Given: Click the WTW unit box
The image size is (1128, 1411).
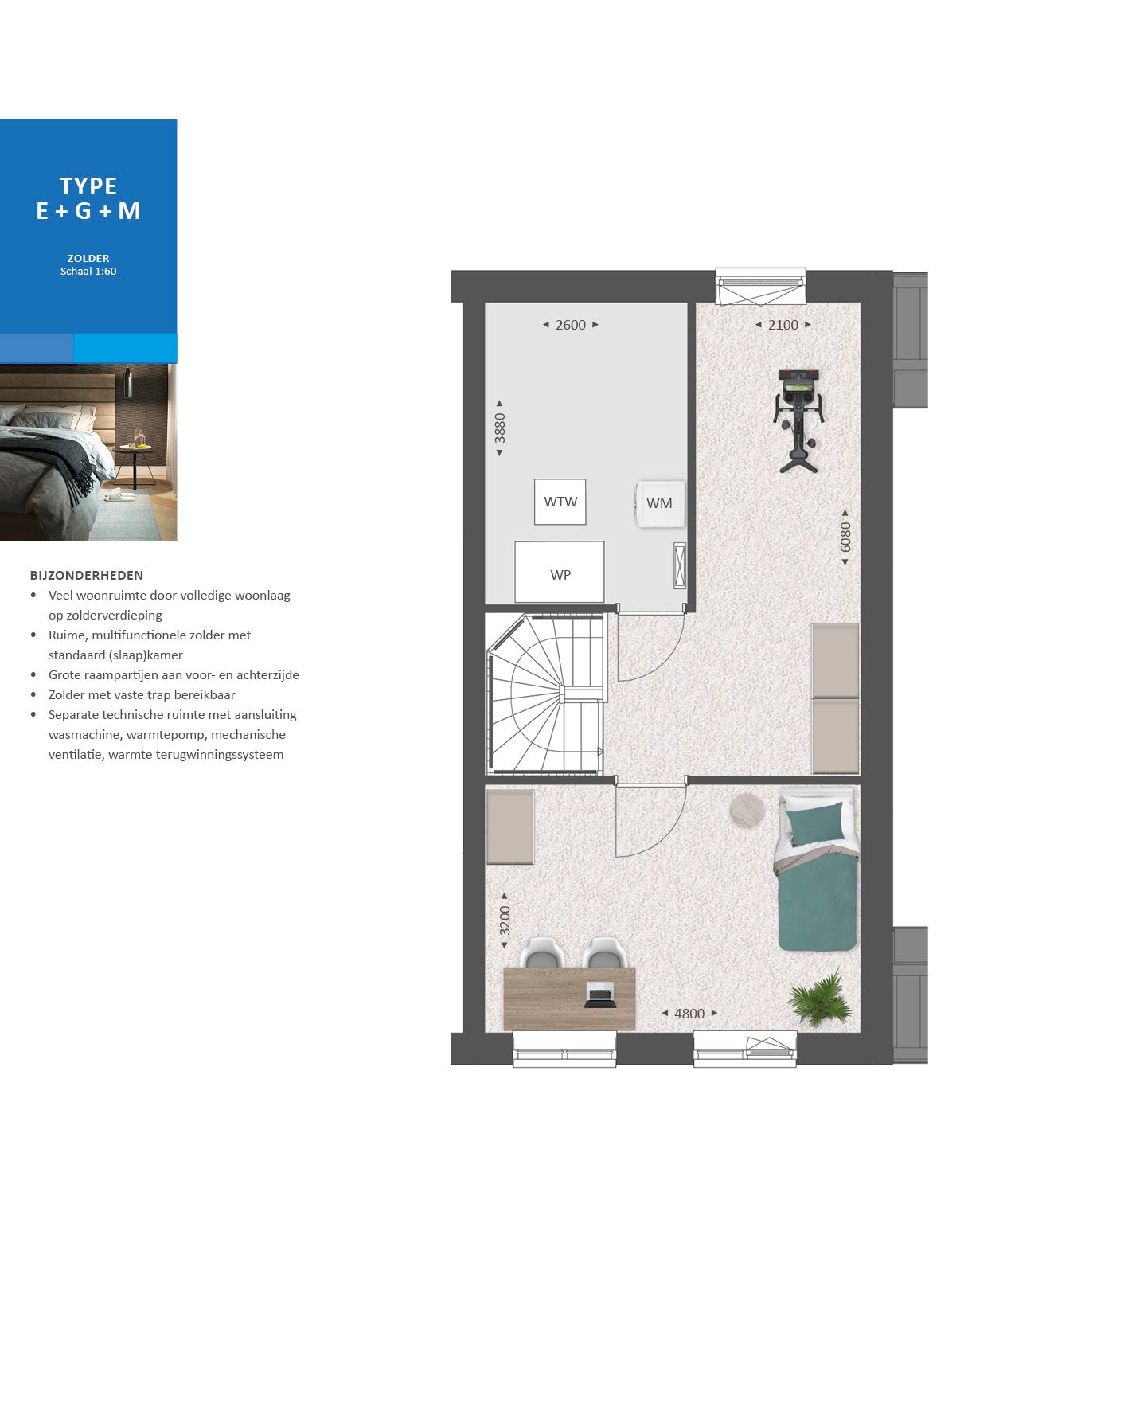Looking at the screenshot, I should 560,502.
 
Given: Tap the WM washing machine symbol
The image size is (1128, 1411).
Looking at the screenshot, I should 659,503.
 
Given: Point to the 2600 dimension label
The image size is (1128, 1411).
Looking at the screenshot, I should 570,325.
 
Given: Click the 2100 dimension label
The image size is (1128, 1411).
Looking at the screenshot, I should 783,325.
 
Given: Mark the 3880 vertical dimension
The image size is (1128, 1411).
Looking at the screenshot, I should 500,428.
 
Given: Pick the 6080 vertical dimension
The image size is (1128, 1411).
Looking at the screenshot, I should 845,537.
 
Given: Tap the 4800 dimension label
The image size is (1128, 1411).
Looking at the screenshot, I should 689,1014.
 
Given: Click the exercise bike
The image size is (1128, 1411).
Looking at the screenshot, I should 798,418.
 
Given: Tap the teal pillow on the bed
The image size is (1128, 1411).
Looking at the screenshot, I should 815,823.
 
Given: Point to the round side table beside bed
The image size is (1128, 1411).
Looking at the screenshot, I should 747,810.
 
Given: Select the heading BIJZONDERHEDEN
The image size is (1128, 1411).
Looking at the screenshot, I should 87,575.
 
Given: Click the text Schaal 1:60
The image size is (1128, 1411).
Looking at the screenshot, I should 88,272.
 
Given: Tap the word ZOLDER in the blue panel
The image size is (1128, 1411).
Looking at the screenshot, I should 88,258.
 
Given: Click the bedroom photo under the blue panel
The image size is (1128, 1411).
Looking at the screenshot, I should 88,452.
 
